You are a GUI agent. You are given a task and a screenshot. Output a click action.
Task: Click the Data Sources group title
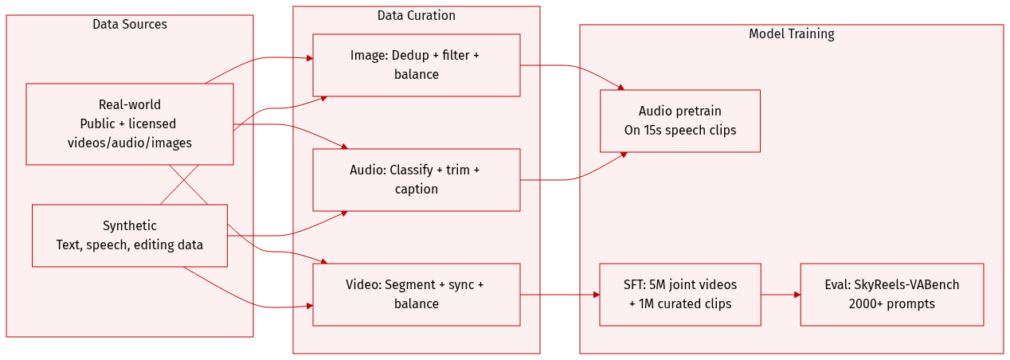tap(130, 25)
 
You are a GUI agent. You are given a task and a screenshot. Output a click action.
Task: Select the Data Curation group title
tap(416, 16)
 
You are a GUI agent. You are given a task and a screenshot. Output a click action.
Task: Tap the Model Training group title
tap(791, 34)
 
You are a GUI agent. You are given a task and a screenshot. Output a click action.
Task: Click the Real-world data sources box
tap(130, 123)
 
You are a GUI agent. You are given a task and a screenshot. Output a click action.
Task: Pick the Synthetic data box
tap(130, 235)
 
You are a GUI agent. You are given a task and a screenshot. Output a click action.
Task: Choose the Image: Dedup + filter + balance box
tap(416, 65)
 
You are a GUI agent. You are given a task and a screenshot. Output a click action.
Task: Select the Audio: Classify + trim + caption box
tap(416, 179)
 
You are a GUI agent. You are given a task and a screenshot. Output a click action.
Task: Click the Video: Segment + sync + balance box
tap(416, 294)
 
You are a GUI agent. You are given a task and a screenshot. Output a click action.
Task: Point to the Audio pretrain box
tap(679, 120)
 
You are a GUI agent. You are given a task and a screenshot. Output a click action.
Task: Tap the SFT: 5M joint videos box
tap(679, 294)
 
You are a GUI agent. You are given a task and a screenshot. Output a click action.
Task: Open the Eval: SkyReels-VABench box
tap(891, 294)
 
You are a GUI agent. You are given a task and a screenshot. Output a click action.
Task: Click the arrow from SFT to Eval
tap(781, 295)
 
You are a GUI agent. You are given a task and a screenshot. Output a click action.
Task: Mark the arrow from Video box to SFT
tap(560, 295)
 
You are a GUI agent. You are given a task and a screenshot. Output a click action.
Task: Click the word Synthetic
tap(130, 225)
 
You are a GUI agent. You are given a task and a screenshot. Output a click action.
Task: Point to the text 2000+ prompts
tap(891, 303)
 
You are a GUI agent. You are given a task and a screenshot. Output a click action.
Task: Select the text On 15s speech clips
tap(679, 130)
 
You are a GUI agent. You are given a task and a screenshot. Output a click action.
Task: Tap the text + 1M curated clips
tap(679, 303)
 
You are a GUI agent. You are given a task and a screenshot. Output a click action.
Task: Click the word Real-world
tap(130, 104)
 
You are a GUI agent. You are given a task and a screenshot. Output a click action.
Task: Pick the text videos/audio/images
tap(130, 143)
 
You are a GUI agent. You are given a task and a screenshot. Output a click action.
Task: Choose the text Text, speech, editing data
tap(130, 245)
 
